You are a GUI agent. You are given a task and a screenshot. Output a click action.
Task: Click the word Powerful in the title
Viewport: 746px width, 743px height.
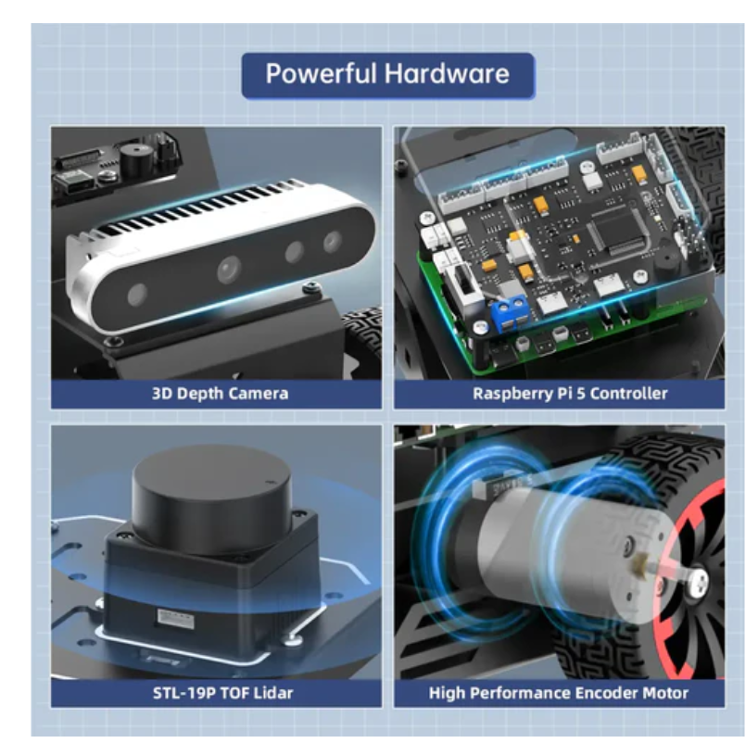click(321, 74)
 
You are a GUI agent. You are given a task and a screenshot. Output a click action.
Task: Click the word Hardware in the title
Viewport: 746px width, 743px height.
click(447, 74)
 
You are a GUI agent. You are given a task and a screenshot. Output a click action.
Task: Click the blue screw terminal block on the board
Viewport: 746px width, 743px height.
click(512, 312)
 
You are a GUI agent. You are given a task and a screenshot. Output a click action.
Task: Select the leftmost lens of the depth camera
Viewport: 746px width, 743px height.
click(137, 295)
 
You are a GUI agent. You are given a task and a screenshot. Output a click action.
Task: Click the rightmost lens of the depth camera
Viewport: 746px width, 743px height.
click(333, 241)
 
